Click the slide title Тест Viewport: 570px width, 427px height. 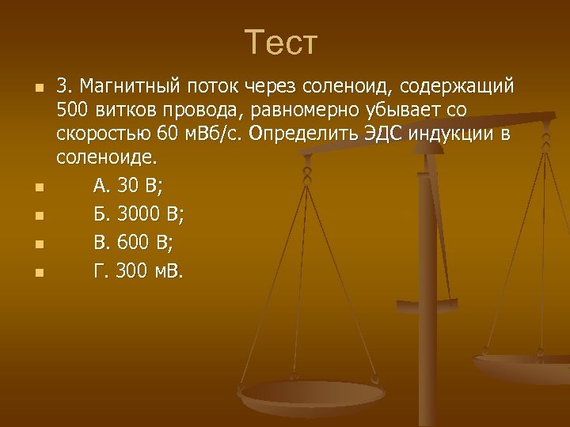click(x=281, y=43)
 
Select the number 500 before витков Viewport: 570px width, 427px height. click(x=73, y=109)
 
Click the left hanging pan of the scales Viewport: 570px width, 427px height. click(x=312, y=395)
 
